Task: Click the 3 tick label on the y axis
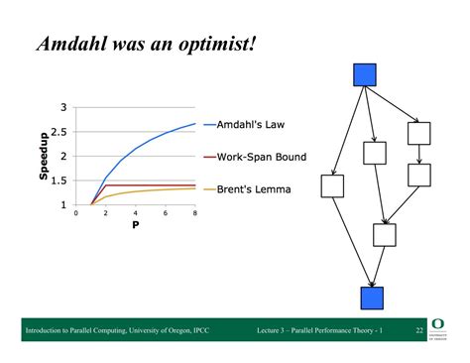click(63, 108)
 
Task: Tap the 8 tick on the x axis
click(194, 213)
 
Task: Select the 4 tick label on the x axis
click(136, 213)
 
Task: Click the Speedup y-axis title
click(44, 157)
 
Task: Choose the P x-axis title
click(135, 224)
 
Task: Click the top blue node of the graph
click(366, 74)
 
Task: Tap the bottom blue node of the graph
click(371, 298)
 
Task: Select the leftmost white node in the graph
click(332, 185)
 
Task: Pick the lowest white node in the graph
click(384, 235)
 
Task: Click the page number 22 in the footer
click(419, 329)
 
